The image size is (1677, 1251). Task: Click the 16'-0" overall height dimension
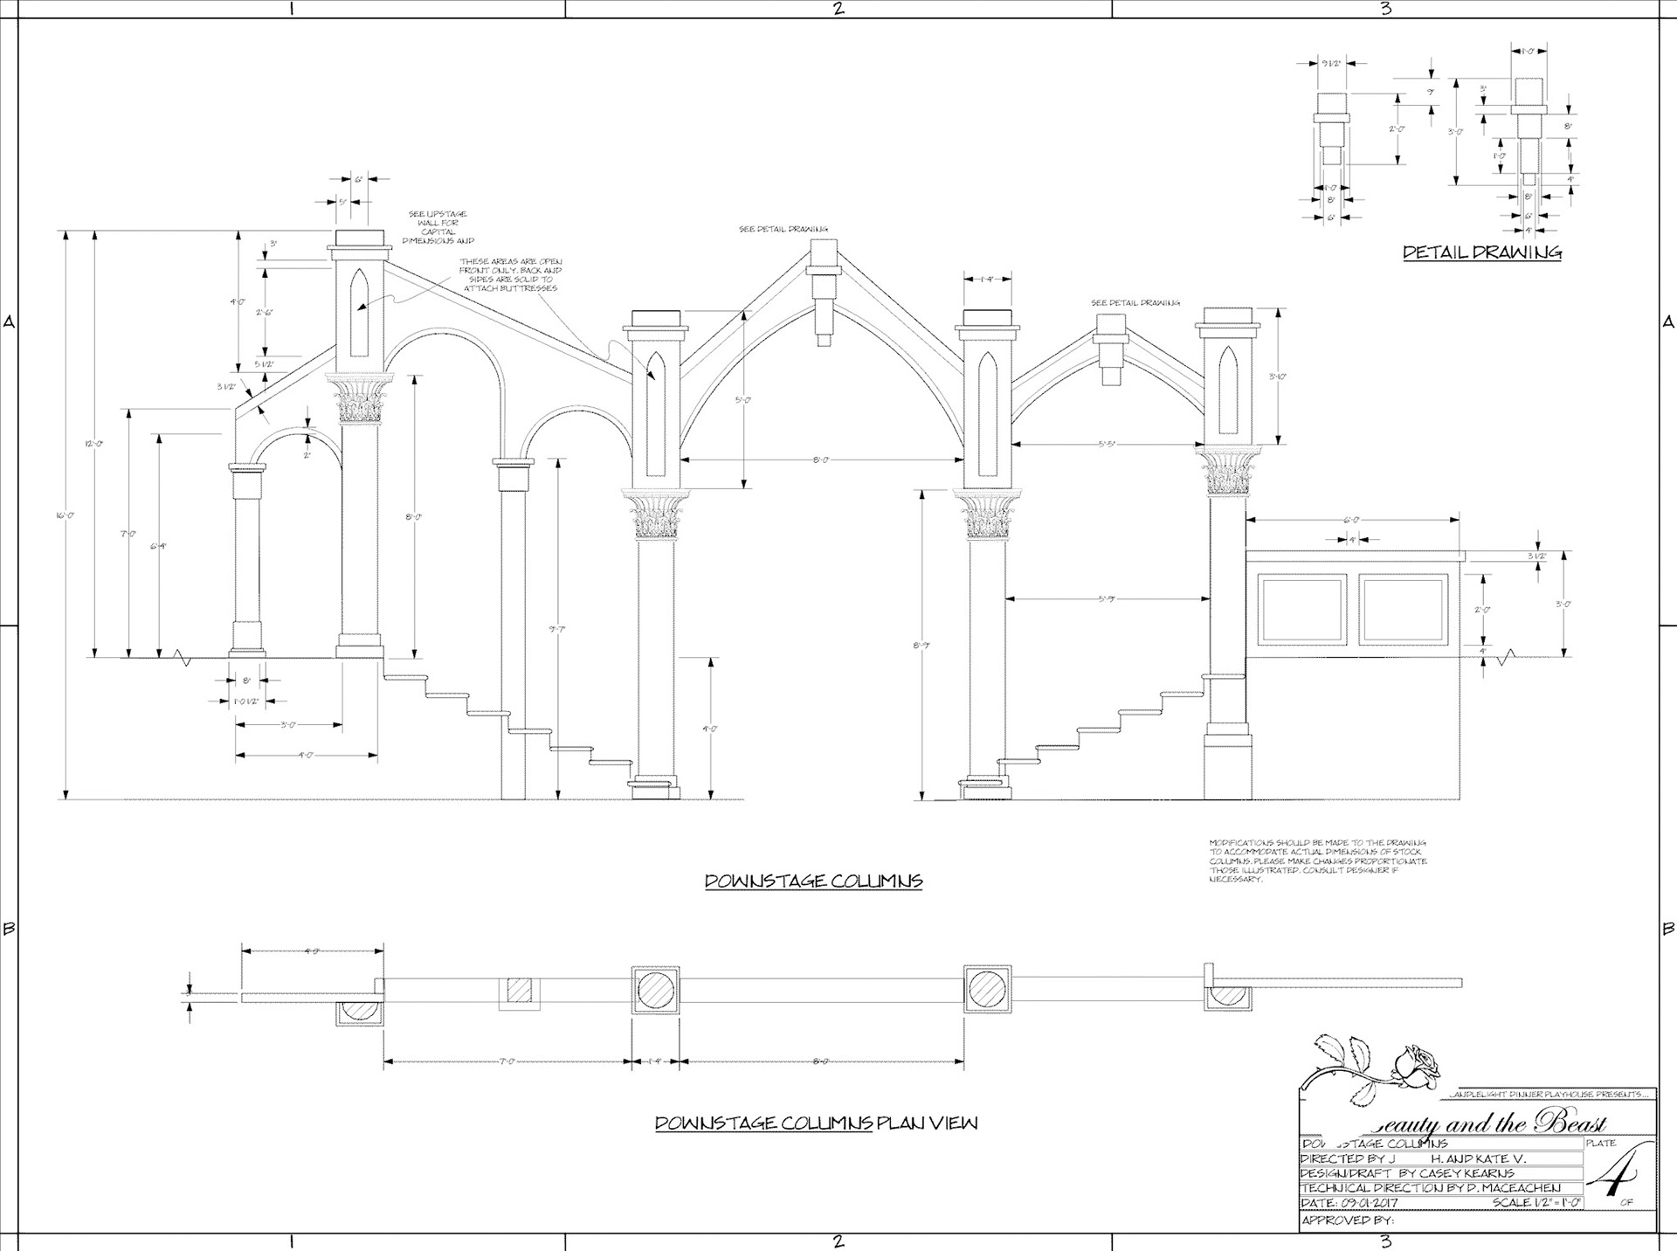(x=66, y=515)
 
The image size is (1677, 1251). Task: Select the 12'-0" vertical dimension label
(x=94, y=444)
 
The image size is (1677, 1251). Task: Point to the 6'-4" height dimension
(x=159, y=546)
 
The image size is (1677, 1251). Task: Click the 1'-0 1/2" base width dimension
(x=247, y=701)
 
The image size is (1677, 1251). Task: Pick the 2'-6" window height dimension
(x=265, y=312)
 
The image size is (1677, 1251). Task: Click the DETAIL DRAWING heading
(x=1482, y=252)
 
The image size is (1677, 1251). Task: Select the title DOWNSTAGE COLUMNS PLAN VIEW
(x=816, y=1123)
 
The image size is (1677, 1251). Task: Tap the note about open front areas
(x=510, y=274)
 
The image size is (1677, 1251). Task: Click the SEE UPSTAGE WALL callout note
(x=438, y=227)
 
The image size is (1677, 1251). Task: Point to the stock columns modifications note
(x=1318, y=860)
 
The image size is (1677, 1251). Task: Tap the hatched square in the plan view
(x=519, y=990)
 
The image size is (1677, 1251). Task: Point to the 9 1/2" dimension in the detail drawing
(x=1331, y=63)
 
